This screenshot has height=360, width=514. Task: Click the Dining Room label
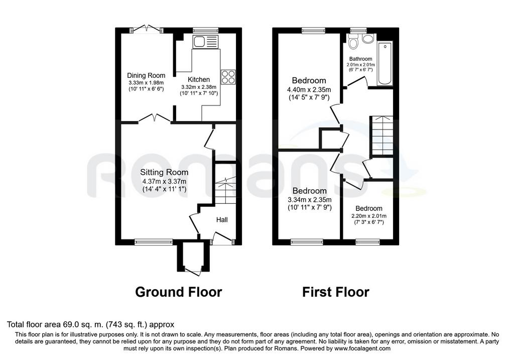click(x=146, y=76)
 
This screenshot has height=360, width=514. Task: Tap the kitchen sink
click(x=205, y=42)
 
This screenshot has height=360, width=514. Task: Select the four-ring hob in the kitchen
click(x=228, y=77)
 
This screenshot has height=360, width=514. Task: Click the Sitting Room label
click(x=164, y=172)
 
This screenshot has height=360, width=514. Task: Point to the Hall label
click(x=222, y=220)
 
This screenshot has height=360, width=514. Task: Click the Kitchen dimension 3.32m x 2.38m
click(x=199, y=87)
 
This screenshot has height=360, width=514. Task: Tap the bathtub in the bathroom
click(x=385, y=64)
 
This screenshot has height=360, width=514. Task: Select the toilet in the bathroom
click(x=353, y=42)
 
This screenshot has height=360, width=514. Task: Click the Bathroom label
click(x=360, y=59)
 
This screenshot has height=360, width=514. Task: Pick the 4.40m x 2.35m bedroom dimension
click(x=309, y=89)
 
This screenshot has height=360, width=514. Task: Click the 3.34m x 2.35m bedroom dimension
click(x=310, y=200)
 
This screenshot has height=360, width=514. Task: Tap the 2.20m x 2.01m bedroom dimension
click(x=369, y=216)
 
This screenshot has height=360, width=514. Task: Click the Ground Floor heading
click(x=179, y=292)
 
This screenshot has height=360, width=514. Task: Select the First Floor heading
click(x=336, y=292)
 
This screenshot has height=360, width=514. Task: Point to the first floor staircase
click(x=381, y=136)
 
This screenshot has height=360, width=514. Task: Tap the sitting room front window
click(x=154, y=242)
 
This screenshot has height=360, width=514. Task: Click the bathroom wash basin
click(x=368, y=39)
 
